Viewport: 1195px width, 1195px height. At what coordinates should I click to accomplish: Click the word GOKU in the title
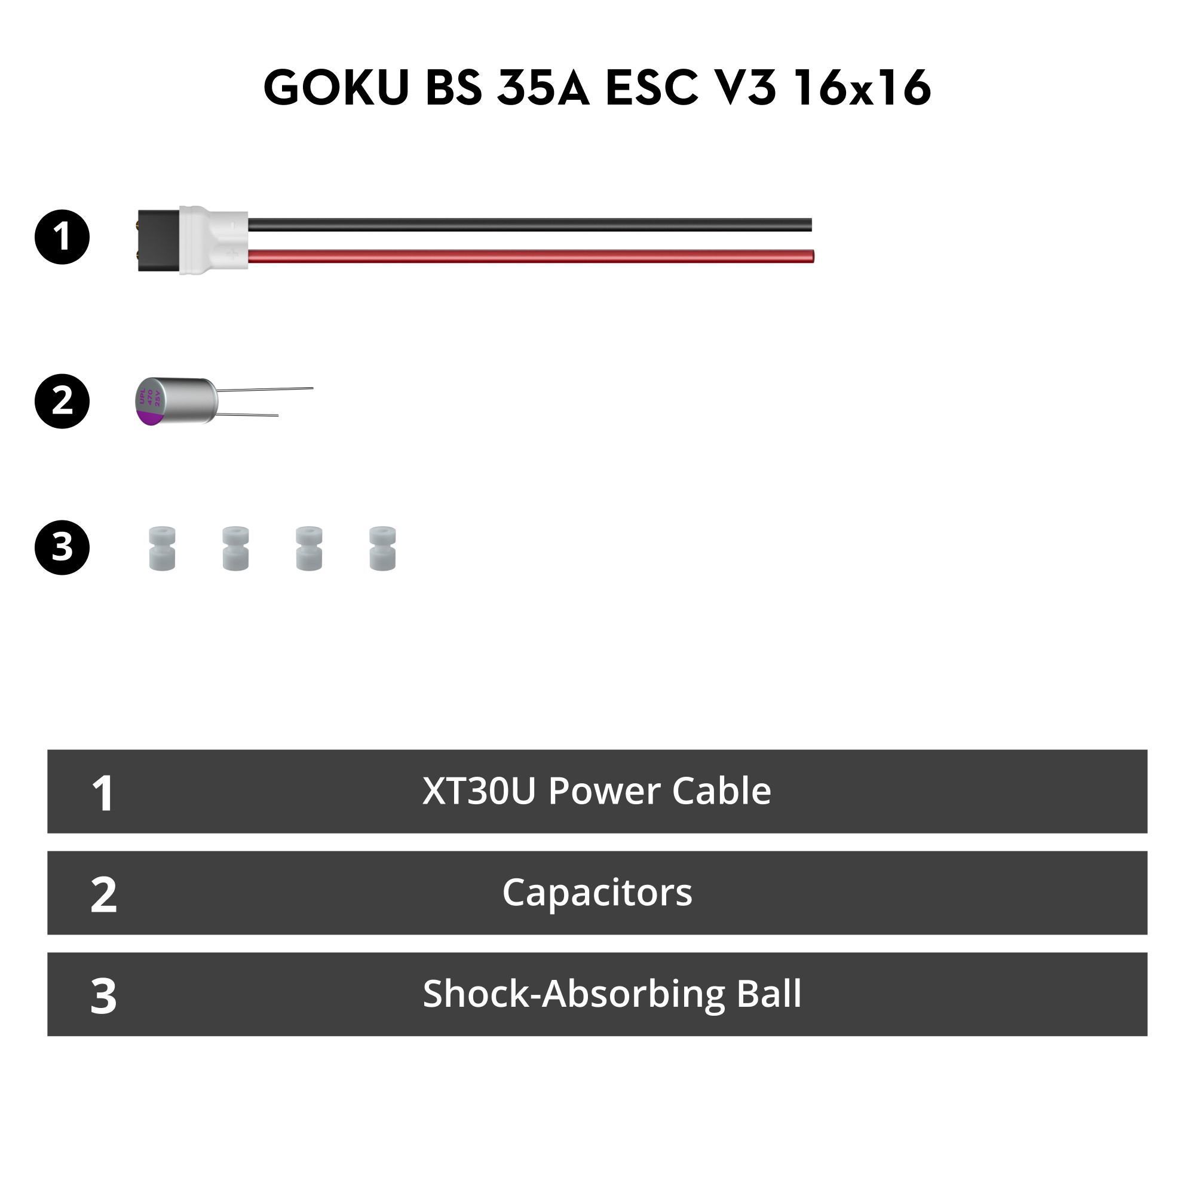click(336, 87)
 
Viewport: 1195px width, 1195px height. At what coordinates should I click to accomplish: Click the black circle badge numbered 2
click(62, 401)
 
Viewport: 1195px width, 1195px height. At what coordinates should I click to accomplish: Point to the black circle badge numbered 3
click(62, 547)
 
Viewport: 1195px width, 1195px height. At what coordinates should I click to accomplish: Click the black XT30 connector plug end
click(158, 240)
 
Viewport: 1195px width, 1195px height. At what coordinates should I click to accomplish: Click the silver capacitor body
click(186, 400)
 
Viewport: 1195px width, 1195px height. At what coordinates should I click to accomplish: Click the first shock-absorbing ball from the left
click(162, 548)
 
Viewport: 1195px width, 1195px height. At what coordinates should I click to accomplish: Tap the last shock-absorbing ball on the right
click(382, 548)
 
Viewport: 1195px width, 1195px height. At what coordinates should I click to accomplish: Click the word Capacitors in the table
click(597, 892)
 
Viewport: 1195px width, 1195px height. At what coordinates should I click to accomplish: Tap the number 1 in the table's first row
click(103, 793)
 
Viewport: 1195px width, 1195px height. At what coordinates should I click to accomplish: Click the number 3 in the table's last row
click(103, 996)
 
